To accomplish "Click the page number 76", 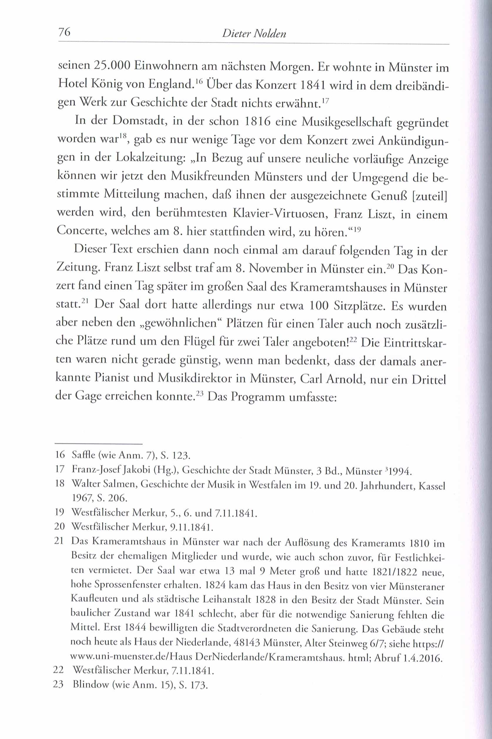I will tap(64, 32).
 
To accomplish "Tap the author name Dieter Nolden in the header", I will tap(254, 33).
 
